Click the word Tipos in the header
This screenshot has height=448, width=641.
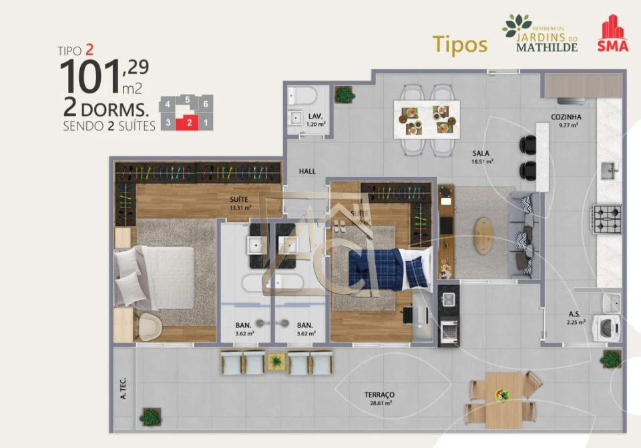(459, 44)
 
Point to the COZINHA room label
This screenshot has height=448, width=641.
(566, 117)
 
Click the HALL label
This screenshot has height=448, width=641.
(307, 171)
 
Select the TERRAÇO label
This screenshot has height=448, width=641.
(379, 395)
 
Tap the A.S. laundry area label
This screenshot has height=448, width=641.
(574, 314)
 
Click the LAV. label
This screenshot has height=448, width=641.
(315, 116)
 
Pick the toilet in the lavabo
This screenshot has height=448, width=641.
(302, 97)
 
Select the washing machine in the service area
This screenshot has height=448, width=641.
(608, 328)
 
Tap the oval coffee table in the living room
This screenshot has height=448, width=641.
(484, 231)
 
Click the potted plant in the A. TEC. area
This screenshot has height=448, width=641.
(150, 417)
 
